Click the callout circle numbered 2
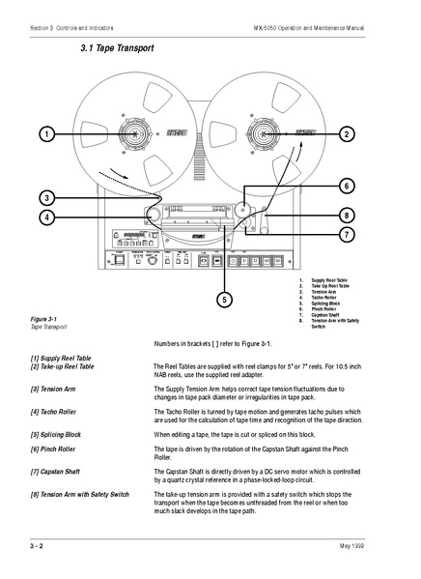347,133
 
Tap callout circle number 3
46,197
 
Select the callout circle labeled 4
46,217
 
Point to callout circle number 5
224,300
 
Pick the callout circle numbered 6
347,186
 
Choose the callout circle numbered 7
347,234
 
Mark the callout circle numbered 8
347,215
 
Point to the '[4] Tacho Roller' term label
56,412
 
